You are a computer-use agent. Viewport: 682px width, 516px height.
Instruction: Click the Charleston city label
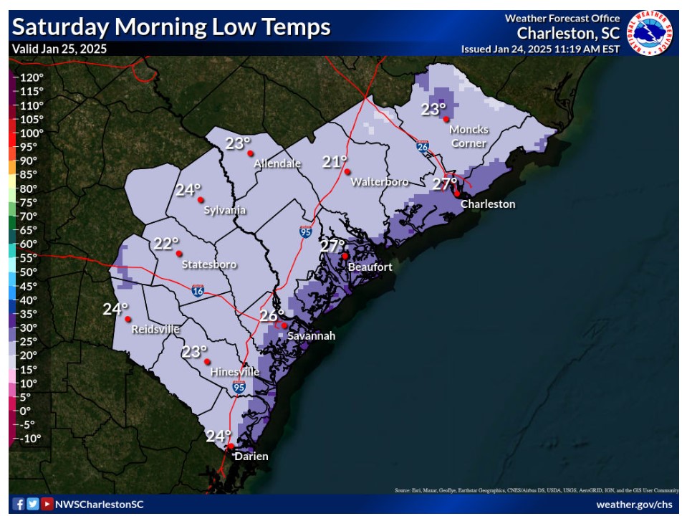[x=487, y=204]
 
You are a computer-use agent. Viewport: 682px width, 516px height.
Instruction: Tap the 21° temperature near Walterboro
[x=334, y=162]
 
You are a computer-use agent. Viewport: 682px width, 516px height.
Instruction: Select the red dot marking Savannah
[x=284, y=325]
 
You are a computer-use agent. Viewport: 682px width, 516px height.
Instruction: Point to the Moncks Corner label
[x=469, y=136]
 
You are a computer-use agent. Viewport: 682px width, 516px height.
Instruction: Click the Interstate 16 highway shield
[x=197, y=290]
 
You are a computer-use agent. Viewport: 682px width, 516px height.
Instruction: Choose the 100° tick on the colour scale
[x=31, y=133]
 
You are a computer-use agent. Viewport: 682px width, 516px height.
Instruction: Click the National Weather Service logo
[x=650, y=32]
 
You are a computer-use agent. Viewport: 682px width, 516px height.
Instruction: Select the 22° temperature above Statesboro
[x=165, y=244]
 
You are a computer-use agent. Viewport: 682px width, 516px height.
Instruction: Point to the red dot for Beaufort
[x=345, y=256]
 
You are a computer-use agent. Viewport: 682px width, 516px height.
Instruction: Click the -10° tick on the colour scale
[x=29, y=438]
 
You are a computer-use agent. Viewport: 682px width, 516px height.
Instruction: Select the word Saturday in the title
[x=59, y=27]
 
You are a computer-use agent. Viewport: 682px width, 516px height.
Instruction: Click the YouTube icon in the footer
[x=46, y=504]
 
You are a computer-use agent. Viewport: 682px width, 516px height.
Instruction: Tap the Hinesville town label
[x=235, y=373]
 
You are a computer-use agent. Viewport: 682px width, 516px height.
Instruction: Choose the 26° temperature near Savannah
[x=272, y=315]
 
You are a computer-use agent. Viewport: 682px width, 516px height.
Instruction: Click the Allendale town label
[x=278, y=163]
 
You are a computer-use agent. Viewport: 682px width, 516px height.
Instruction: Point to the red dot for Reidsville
[x=128, y=319]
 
